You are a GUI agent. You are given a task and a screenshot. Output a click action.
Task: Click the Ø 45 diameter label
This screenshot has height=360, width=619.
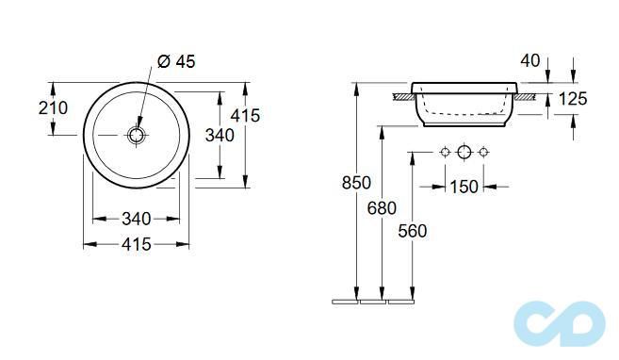[x=176, y=61]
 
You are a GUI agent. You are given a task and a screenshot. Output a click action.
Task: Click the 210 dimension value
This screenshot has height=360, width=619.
[x=53, y=107]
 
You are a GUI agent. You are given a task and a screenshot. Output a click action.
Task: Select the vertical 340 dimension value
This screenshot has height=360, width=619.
[x=220, y=136]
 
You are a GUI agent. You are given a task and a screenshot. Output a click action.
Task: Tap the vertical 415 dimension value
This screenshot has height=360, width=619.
[x=245, y=116]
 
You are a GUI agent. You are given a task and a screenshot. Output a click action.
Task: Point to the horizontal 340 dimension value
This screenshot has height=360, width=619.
[x=137, y=219]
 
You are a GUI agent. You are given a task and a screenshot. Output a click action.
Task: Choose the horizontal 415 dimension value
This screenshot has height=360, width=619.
[x=137, y=244]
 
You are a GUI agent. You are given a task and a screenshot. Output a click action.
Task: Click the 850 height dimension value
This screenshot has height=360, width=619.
[x=356, y=183]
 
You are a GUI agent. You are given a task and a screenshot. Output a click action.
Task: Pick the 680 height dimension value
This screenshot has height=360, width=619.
[x=382, y=208]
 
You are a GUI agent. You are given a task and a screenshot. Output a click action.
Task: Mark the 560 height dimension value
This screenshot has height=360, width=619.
[x=412, y=231]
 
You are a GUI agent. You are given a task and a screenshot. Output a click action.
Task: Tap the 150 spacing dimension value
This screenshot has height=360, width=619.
[x=464, y=187]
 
